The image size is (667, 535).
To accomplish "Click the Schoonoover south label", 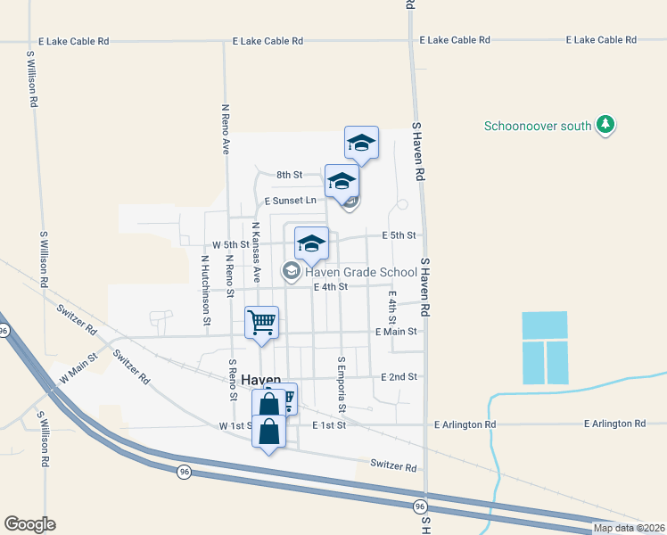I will tap(538, 126).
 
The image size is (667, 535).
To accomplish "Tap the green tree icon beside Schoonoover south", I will tap(606, 125).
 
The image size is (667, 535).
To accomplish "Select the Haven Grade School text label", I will tap(360, 273).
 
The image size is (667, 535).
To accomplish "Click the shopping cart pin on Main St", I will tap(261, 322).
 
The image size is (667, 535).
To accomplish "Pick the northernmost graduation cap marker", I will tap(361, 143).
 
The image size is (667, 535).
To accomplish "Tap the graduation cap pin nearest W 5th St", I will tap(311, 243).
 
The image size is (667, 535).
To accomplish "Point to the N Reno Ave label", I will tap(226, 127).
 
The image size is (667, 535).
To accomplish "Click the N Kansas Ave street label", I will tap(256, 252).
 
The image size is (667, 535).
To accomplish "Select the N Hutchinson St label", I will tap(205, 290).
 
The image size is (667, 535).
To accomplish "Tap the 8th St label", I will tap(290, 175).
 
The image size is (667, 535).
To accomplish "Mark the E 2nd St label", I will tap(399, 377).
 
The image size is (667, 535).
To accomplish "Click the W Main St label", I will tap(77, 367).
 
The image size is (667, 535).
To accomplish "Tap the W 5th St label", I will tap(230, 244).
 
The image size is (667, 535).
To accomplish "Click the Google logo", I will tap(29, 524).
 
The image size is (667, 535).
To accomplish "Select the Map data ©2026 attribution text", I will tap(629, 528).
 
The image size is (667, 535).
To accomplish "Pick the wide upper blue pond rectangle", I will tap(544, 325).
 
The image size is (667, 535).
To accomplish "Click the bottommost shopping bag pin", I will tap(268, 432).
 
